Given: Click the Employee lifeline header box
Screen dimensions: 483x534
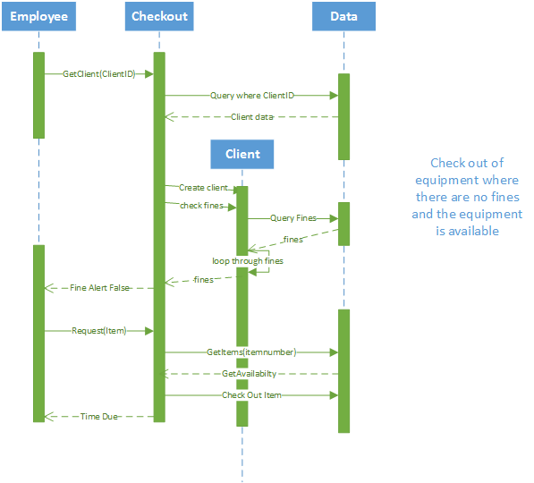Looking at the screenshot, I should point(38,17).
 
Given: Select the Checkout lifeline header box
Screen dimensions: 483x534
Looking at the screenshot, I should point(159,17).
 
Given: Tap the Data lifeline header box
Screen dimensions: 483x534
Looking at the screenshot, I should point(343,17).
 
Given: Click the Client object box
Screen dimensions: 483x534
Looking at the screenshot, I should point(242,154).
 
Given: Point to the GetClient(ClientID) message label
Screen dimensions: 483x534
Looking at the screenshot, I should point(99,74).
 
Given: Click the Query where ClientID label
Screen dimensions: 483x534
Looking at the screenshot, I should point(251,95).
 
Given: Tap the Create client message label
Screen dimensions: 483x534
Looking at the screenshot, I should point(204,188).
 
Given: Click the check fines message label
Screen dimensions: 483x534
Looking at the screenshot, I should point(200,207).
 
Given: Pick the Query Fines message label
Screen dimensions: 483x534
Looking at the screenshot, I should point(293,218).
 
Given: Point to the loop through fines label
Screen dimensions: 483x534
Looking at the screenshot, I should point(247,261).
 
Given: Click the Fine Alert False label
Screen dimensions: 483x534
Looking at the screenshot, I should point(99,288).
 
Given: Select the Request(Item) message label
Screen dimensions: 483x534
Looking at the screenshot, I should point(99,331).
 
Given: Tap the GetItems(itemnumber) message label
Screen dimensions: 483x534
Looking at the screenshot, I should point(251,352).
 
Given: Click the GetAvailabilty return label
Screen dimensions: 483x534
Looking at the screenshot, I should point(250,374).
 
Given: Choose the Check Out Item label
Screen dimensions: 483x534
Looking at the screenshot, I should point(251,395).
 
